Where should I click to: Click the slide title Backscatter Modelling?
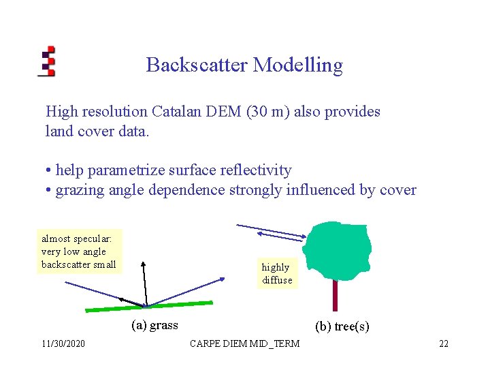click(244, 65)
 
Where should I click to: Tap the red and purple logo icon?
click(46, 61)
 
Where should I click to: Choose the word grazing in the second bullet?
click(80, 190)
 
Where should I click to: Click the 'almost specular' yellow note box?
click(79, 251)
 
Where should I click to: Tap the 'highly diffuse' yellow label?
click(277, 274)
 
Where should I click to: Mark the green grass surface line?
click(149, 307)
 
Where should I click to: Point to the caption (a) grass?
click(154, 325)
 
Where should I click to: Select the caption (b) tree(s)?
click(342, 326)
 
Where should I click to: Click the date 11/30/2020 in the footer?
click(63, 343)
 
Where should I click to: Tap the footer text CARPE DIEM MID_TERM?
click(244, 343)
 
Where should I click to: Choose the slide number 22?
click(443, 343)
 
